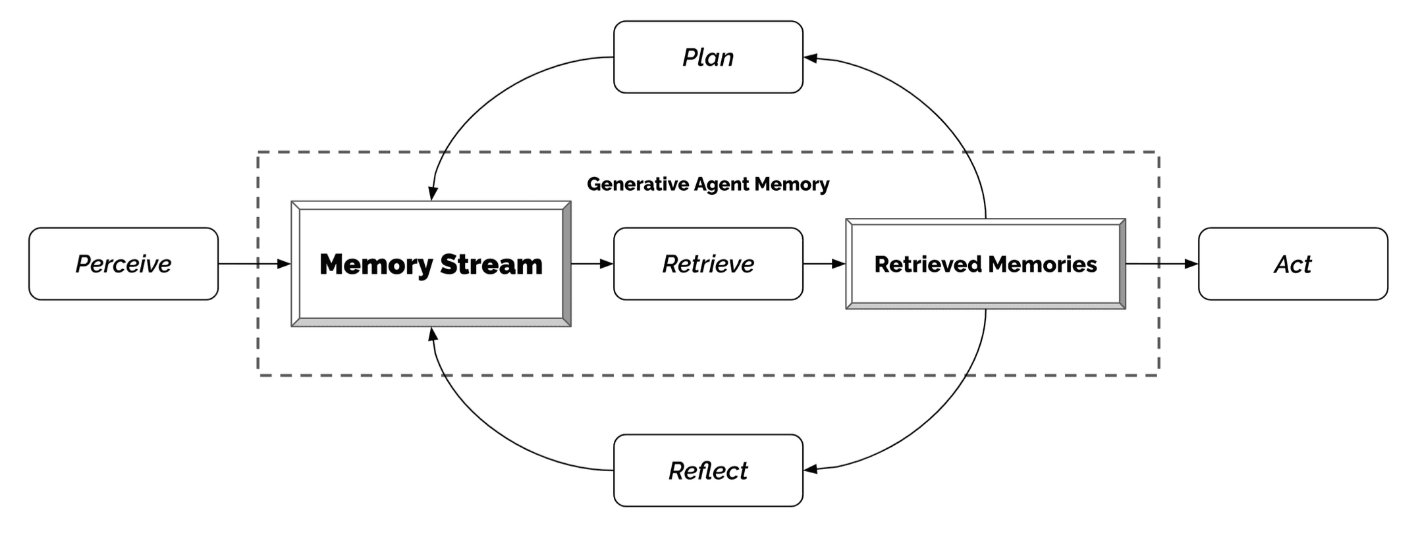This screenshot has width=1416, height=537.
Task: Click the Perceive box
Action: (123, 264)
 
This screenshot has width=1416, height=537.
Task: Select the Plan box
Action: (708, 57)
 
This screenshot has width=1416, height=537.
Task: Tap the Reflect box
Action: (708, 471)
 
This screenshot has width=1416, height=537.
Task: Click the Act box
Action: (1293, 264)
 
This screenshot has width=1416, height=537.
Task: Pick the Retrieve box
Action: (708, 264)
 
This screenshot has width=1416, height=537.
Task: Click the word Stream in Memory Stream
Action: (491, 265)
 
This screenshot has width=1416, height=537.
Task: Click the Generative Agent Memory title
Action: (708, 184)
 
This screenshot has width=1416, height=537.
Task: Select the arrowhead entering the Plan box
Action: (811, 59)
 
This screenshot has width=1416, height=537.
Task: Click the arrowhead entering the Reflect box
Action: (811, 469)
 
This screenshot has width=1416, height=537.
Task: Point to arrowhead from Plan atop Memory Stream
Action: (433, 193)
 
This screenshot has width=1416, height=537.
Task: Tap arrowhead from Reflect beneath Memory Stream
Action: (433, 334)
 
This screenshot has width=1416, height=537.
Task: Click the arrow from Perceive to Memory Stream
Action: (254, 264)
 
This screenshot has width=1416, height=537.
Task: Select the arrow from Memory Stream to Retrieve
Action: (591, 264)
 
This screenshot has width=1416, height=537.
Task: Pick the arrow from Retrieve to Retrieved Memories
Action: (823, 264)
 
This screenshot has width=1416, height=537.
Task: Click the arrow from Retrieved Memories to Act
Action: (1161, 264)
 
